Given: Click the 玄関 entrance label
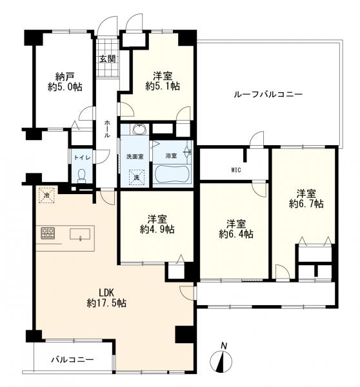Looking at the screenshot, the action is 107,59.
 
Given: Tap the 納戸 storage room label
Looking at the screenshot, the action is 65,77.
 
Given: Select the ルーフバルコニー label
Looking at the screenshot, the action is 268,95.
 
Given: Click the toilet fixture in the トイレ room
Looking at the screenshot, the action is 81,176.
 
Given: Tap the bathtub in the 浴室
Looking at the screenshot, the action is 173,174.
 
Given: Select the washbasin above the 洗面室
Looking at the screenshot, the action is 140,129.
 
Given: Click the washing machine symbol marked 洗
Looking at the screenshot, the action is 136,177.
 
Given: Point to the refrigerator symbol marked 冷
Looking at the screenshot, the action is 46,195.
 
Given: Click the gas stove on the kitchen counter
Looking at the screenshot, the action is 48,233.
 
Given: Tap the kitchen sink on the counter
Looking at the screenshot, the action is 80,233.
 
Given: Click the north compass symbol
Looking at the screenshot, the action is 221,359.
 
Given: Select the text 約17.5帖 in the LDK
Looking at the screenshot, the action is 106,303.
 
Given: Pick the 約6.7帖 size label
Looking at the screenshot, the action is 306,204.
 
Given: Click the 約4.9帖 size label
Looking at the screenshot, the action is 157,230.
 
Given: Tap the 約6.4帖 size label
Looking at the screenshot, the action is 236,234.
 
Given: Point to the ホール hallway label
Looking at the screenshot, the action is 107,128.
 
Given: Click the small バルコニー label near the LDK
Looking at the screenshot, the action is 73,359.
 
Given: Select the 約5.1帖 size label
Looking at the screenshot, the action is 163,86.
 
